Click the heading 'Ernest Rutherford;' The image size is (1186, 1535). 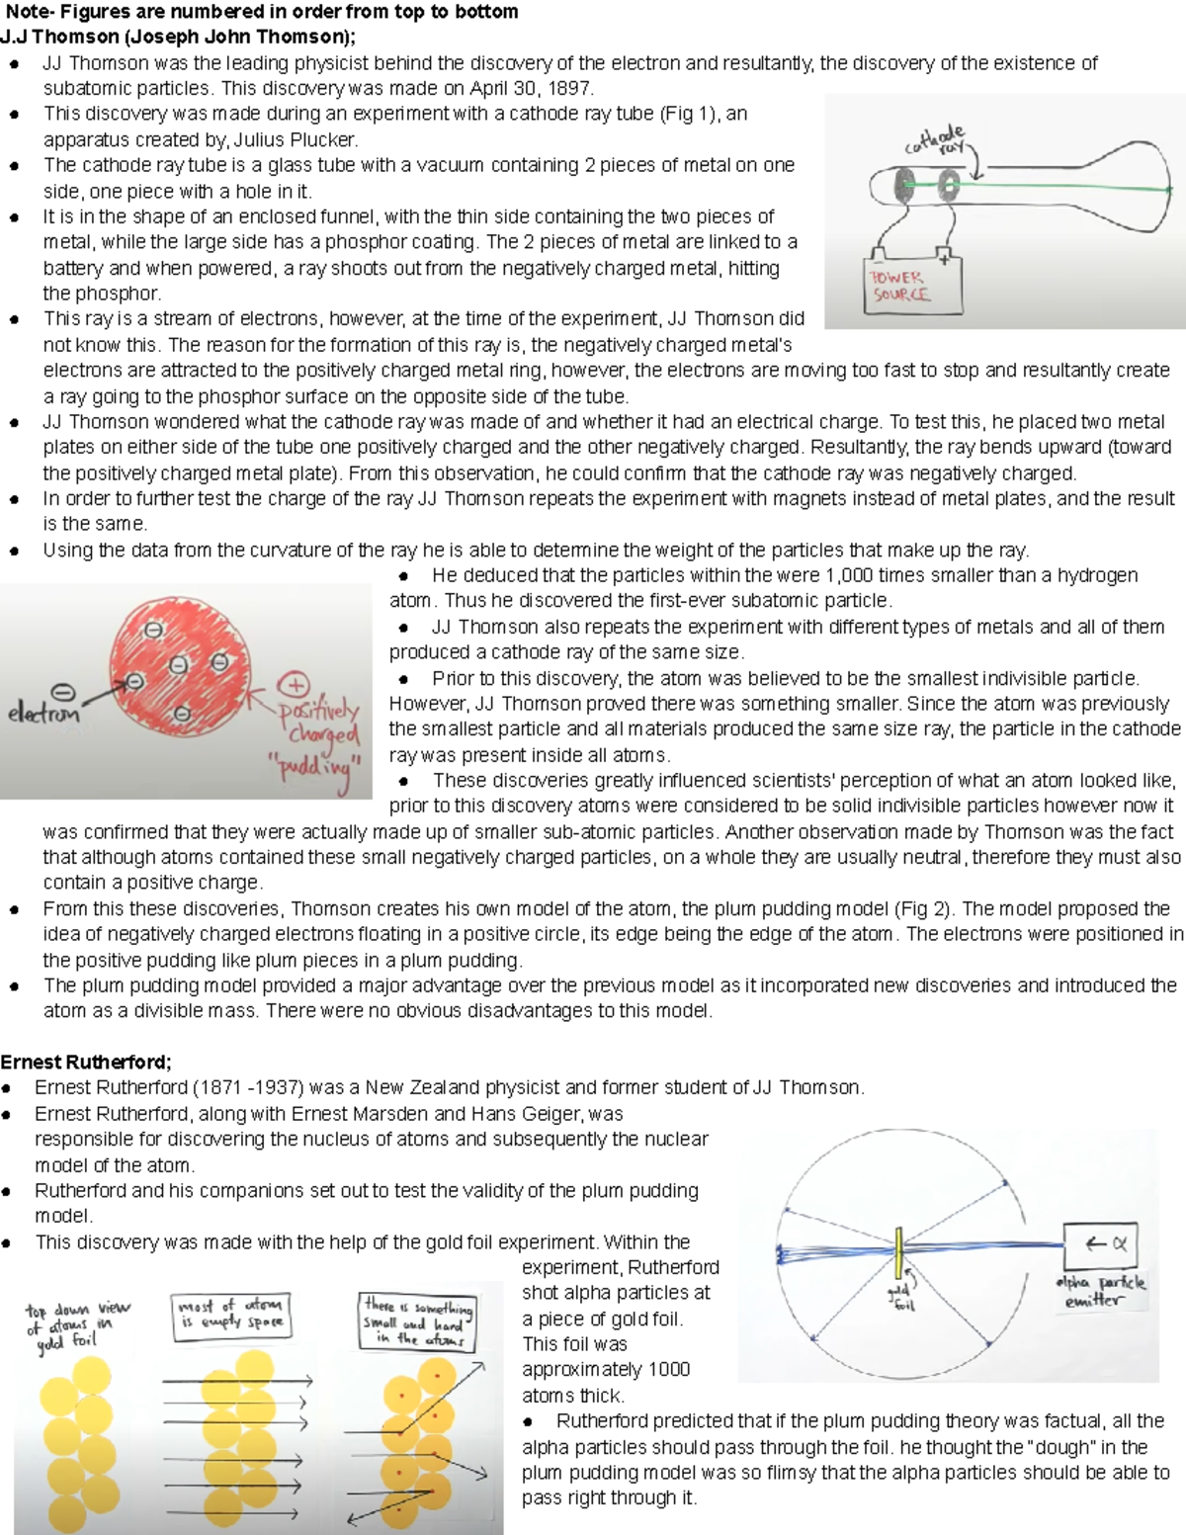86,1063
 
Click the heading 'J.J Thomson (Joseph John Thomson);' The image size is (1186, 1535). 178,38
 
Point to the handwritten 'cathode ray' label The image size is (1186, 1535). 936,139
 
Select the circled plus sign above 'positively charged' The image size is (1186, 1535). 294,685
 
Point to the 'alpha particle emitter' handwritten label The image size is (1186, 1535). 1100,1291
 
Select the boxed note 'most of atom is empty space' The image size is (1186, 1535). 231,1315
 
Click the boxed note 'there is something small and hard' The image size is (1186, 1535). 416,1322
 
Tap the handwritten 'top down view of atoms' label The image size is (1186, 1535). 75,1323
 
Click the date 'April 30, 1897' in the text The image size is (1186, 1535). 530,88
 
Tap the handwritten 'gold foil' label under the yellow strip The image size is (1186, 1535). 900,1298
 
